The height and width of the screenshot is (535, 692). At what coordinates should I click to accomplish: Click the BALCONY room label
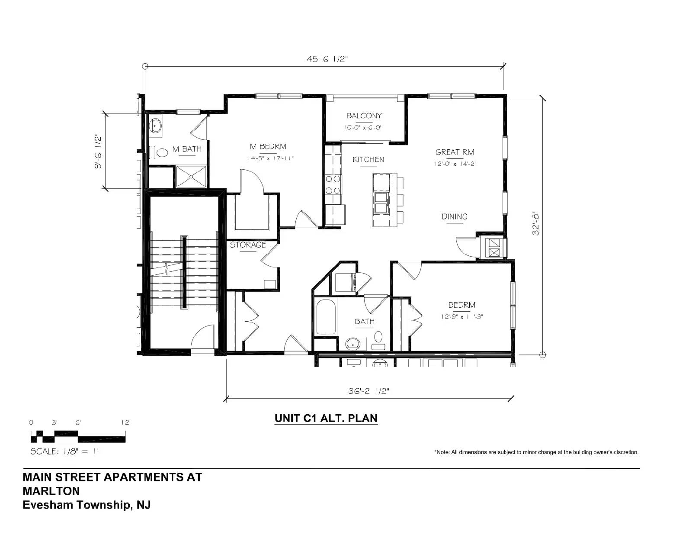click(364, 116)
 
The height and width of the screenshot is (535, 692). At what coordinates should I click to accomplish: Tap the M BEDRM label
click(268, 147)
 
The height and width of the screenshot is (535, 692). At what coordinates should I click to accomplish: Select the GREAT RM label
click(455, 152)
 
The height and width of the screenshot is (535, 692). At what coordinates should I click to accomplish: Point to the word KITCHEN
click(368, 160)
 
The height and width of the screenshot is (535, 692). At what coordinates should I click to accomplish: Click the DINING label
click(455, 217)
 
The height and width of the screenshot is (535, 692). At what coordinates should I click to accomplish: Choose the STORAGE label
click(248, 245)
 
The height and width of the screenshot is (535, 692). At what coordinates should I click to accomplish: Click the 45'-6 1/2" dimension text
click(327, 59)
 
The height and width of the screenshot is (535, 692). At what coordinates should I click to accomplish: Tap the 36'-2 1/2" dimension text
click(368, 391)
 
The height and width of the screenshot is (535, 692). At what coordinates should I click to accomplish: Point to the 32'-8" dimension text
click(536, 224)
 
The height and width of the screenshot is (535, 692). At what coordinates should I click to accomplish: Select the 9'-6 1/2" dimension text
click(98, 151)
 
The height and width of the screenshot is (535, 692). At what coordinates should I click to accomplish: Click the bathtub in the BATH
click(326, 317)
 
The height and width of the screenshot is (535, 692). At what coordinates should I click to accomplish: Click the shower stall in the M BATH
click(191, 176)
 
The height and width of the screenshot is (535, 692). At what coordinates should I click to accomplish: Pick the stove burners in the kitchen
click(333, 185)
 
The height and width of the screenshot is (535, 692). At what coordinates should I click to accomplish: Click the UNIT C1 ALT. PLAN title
click(326, 418)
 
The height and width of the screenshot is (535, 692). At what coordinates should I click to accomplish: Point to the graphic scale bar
click(78, 437)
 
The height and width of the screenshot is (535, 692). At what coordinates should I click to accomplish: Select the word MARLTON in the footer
click(51, 491)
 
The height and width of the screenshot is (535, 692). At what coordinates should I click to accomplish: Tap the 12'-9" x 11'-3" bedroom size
click(462, 317)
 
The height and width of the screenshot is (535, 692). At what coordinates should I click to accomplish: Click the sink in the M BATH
click(156, 126)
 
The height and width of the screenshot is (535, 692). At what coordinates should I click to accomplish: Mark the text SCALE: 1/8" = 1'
click(64, 451)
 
